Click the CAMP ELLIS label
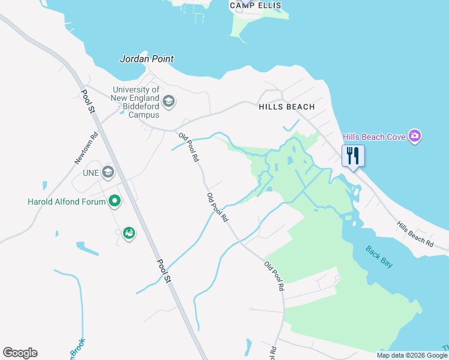coord(255,5)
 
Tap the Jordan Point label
coord(147,59)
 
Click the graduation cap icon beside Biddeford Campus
coord(169,101)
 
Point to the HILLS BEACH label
coord(286,107)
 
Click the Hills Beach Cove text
coord(374,137)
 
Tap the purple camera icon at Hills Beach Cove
coord(414,136)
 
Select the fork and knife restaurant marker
coord(353,156)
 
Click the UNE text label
coord(88,173)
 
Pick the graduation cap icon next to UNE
coord(107,173)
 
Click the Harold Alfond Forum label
coord(67,202)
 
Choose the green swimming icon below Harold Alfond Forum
coord(128,233)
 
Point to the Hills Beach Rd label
coord(415,234)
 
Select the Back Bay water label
coord(379,256)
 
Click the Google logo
coord(20,353)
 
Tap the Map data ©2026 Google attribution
coord(412,355)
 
